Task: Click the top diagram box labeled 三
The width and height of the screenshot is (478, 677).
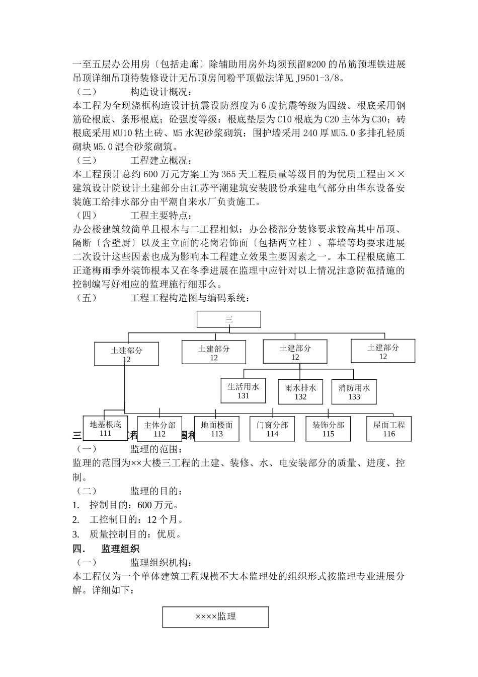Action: tap(228, 319)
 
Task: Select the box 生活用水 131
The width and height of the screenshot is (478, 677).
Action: tap(243, 391)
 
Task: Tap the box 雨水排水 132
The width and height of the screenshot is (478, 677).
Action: tap(300, 392)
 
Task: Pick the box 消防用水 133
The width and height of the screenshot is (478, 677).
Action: tap(354, 392)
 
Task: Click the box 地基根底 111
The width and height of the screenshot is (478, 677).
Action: tap(105, 429)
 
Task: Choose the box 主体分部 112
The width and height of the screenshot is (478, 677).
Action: tap(160, 429)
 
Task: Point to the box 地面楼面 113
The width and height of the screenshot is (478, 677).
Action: tap(217, 429)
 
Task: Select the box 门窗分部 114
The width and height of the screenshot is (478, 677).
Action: tap(272, 429)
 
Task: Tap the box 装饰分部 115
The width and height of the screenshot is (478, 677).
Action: tap(328, 429)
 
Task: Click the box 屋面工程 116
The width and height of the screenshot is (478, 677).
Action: tap(389, 429)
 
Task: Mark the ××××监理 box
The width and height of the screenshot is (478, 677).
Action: tap(215, 617)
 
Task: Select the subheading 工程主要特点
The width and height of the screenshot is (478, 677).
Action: tap(161, 216)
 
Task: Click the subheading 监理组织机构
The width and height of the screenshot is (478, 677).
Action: tap(161, 563)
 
